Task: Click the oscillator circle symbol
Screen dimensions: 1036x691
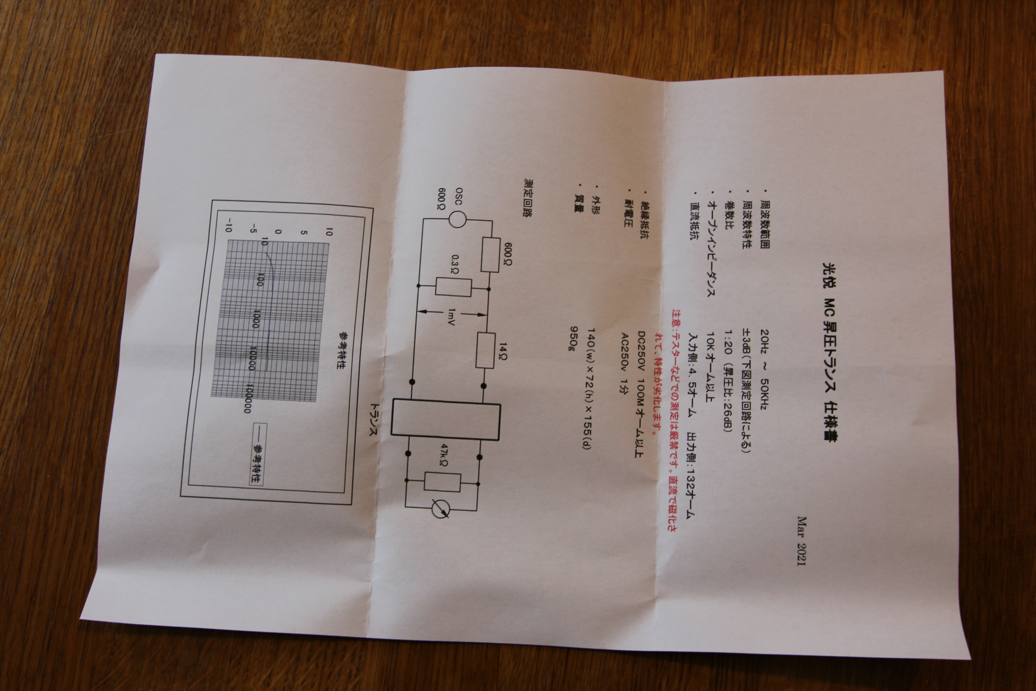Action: tap(457, 219)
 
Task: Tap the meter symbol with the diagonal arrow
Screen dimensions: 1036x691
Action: tap(440, 509)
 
